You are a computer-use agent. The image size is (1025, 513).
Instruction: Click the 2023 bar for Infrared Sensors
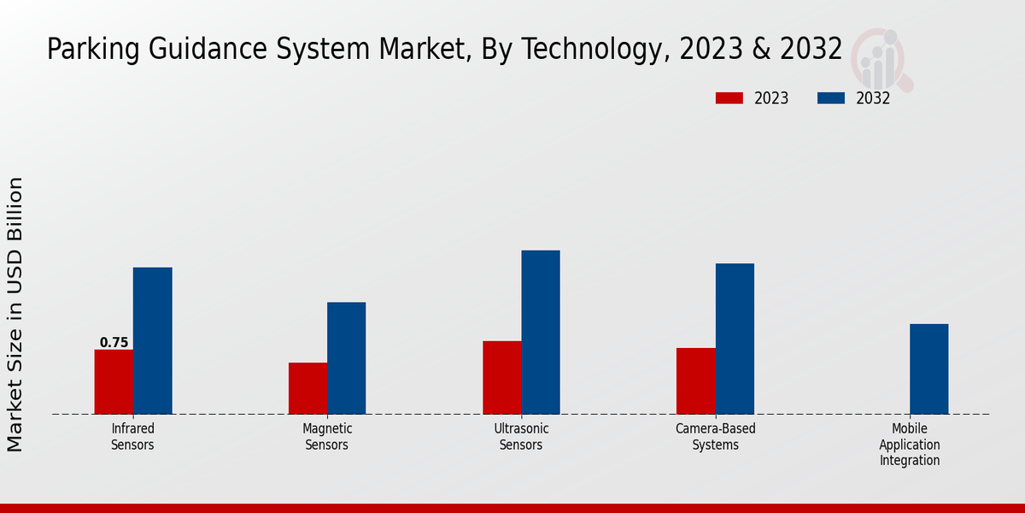[x=114, y=381]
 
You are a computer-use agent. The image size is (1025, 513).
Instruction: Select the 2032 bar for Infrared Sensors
[x=152, y=340]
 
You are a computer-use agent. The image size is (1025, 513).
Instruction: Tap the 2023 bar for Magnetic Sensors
[x=307, y=388]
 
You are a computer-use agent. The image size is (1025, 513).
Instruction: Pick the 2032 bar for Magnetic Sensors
[x=346, y=357]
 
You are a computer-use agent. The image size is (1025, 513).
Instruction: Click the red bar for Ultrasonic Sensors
[x=501, y=377]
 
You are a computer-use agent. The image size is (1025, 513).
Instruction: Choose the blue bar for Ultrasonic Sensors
[x=541, y=332]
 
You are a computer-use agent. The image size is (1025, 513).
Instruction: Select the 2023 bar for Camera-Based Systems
[x=695, y=380]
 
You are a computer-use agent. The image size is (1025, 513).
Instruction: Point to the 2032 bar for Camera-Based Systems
[x=735, y=339]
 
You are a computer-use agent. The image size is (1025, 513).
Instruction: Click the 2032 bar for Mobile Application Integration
[x=928, y=369]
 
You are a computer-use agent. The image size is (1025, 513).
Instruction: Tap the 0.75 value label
[x=114, y=343]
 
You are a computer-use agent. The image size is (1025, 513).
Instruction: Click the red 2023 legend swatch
[x=729, y=98]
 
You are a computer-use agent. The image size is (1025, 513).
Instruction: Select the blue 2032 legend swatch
[x=830, y=98]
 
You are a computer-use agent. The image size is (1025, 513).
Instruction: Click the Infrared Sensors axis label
[x=132, y=437]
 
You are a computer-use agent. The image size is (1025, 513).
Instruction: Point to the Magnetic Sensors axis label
[x=327, y=437]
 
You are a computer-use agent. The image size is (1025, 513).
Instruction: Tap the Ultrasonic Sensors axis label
[x=521, y=437]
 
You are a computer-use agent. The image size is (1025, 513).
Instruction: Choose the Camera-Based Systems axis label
[x=716, y=437]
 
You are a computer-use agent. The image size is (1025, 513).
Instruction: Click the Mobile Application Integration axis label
[x=909, y=445]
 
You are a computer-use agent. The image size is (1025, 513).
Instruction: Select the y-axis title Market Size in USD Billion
[x=15, y=314]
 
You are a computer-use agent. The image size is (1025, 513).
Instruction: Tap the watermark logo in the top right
[x=881, y=58]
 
